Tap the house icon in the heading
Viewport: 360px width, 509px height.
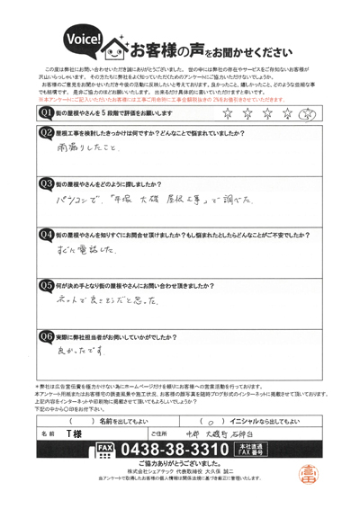[115, 44]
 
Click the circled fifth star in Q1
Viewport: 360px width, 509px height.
[306, 114]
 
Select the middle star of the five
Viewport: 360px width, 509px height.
[267, 114]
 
